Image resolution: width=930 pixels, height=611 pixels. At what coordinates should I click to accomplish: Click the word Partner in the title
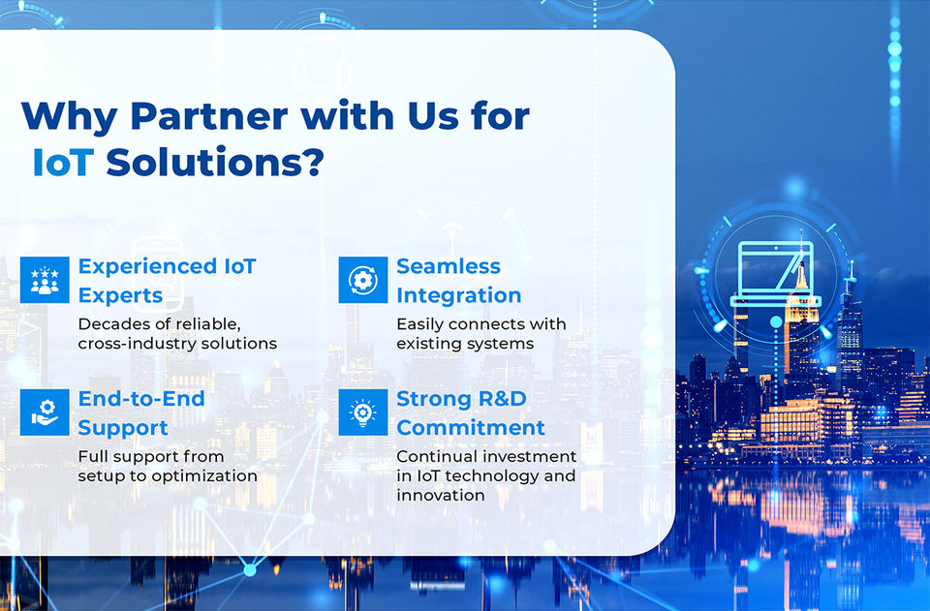pyautogui.click(x=209, y=115)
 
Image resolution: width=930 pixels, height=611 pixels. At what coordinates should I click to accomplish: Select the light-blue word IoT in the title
pyautogui.click(x=63, y=162)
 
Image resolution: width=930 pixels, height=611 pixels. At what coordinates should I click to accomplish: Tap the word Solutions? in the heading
pyautogui.click(x=215, y=162)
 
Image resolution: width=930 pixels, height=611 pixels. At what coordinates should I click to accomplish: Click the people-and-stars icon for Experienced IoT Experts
pyautogui.click(x=45, y=280)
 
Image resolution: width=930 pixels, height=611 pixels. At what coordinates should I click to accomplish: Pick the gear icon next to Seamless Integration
pyautogui.click(x=363, y=280)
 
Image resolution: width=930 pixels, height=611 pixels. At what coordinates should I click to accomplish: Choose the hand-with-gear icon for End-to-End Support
pyautogui.click(x=45, y=412)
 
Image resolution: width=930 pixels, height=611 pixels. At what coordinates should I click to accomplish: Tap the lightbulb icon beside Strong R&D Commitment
pyautogui.click(x=363, y=412)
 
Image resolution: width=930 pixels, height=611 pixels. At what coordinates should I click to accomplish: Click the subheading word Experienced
pyautogui.click(x=147, y=267)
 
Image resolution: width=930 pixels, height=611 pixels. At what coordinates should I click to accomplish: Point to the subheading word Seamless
pyautogui.click(x=449, y=266)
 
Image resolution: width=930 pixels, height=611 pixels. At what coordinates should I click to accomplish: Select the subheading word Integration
pyautogui.click(x=459, y=295)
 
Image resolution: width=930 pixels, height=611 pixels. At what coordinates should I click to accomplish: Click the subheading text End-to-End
pyautogui.click(x=141, y=399)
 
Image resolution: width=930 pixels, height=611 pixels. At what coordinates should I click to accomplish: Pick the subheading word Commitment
pyautogui.click(x=471, y=428)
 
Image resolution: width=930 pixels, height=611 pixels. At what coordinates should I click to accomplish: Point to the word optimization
pyautogui.click(x=204, y=476)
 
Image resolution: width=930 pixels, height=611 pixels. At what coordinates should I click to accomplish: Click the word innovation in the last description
pyautogui.click(x=441, y=496)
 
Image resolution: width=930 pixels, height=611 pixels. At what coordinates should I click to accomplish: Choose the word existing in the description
pyautogui.click(x=427, y=345)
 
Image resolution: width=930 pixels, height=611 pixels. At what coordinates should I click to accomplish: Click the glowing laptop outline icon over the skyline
pyautogui.click(x=775, y=274)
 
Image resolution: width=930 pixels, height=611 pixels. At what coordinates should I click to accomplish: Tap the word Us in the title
pyautogui.click(x=433, y=115)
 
